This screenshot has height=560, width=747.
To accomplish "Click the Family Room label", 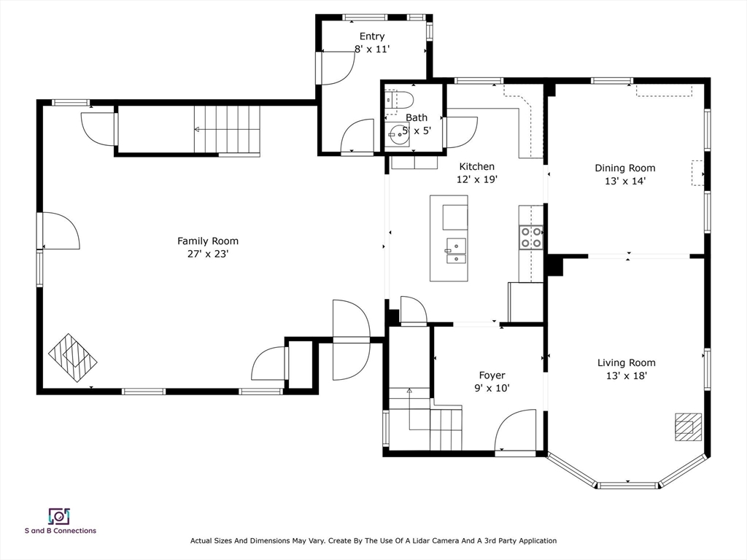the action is [208, 241].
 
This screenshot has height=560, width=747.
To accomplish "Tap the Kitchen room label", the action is [476, 166].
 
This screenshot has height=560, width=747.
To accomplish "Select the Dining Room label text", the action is [624, 168].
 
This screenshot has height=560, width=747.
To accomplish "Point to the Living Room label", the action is [626, 363].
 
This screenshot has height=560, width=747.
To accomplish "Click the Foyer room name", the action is [492, 376].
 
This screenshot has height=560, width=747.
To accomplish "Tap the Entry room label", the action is [372, 36].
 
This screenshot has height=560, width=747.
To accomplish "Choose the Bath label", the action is [417, 117].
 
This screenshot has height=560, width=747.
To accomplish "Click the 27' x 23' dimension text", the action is [208, 254].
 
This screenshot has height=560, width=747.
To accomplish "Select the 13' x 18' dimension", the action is [626, 376].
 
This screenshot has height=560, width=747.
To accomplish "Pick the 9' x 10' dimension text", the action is [492, 389].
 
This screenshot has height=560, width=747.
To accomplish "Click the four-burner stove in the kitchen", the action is [531, 237].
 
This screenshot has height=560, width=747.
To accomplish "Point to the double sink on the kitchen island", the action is [456, 252].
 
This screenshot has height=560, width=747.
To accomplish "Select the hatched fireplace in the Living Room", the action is [688, 427].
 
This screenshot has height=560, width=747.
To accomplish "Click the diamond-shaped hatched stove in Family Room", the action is [73, 357].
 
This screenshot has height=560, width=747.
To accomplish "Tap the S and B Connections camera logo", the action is [59, 516].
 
